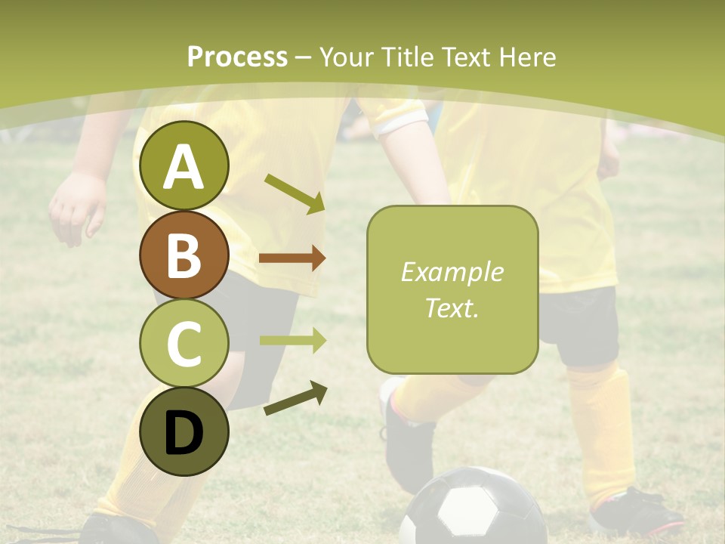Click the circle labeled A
click(184, 165)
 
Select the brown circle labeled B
click(184, 255)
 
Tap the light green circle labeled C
click(184, 343)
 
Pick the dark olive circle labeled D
click(184, 431)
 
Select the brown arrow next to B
click(292, 258)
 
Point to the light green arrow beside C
click(293, 341)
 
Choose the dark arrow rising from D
click(295, 398)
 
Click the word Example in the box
click(452, 272)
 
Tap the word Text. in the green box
click(452, 308)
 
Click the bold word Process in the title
click(237, 57)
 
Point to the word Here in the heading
click(528, 57)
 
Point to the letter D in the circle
click(184, 433)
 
